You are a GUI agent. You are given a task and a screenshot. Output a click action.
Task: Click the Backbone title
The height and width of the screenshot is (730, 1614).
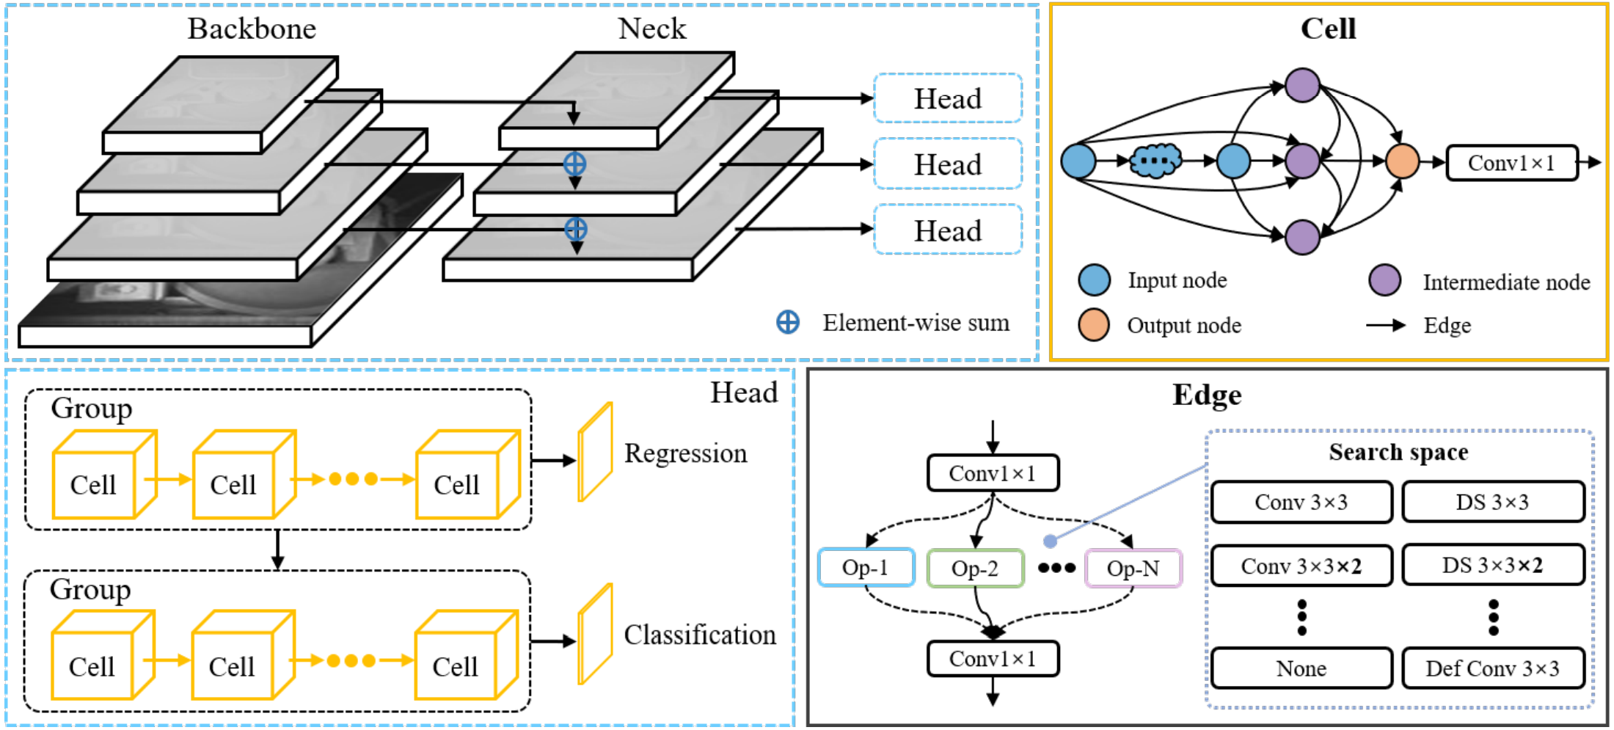click(252, 29)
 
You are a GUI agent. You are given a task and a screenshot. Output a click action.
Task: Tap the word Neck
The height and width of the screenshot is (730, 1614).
click(651, 29)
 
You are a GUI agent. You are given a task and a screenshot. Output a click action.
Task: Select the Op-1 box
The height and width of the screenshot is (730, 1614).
click(866, 568)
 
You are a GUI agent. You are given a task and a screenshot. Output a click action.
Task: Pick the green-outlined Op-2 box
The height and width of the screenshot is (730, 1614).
click(975, 569)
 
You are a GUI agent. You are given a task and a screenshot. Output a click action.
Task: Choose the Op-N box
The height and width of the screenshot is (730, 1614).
click(1133, 569)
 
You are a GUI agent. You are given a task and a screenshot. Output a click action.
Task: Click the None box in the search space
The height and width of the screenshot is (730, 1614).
click(1301, 668)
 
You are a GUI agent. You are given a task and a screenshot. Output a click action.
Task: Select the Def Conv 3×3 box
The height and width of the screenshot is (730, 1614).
click(1492, 668)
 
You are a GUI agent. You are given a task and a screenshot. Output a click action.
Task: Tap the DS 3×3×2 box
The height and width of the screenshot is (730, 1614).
click(1492, 565)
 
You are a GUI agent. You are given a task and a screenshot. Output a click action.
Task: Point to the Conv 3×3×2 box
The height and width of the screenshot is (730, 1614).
click(1301, 566)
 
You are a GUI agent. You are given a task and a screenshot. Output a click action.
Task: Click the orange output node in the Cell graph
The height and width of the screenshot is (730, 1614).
click(1402, 161)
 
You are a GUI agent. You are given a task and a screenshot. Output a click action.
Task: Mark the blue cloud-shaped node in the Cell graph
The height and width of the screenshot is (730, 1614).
click(1155, 161)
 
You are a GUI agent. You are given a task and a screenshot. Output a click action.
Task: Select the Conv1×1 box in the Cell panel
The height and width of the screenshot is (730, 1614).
click(1511, 163)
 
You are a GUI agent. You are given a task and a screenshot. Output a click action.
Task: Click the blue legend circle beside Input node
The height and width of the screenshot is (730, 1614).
click(1094, 280)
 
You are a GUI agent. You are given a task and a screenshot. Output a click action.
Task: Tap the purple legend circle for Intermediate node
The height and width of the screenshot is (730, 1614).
click(1384, 280)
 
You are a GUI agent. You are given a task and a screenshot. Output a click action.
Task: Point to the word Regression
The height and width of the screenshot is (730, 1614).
click(685, 453)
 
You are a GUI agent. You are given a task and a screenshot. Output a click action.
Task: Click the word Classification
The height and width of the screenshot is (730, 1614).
click(699, 635)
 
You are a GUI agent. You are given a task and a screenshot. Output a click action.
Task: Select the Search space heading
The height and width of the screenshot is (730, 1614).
click(1398, 452)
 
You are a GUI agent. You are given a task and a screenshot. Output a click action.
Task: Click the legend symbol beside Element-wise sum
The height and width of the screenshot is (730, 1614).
click(788, 322)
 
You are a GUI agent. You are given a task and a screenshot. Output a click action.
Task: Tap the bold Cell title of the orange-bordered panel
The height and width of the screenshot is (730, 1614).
click(1328, 29)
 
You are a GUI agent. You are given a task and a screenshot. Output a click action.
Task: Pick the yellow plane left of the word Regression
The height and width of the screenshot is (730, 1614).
click(595, 452)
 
